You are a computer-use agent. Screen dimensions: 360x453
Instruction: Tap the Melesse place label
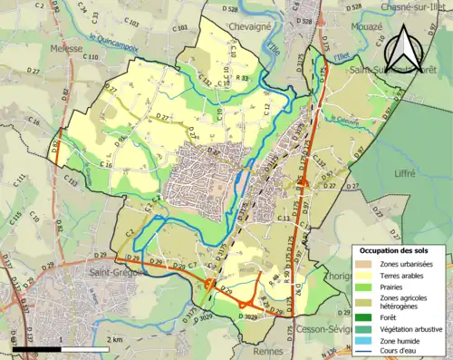tap(67, 49)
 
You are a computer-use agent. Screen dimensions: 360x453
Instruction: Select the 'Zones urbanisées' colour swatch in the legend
tap(364, 264)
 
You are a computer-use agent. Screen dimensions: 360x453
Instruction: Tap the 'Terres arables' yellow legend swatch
tap(364, 275)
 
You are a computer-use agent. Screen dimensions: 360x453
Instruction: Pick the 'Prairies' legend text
tap(391, 286)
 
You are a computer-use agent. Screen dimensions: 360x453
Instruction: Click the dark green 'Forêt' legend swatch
tap(364, 317)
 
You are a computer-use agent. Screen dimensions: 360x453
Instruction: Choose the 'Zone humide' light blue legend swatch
tap(364, 339)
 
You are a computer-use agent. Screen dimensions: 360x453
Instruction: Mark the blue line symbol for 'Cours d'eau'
tap(364, 350)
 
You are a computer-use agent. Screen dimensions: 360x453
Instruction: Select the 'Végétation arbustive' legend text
tap(410, 328)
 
